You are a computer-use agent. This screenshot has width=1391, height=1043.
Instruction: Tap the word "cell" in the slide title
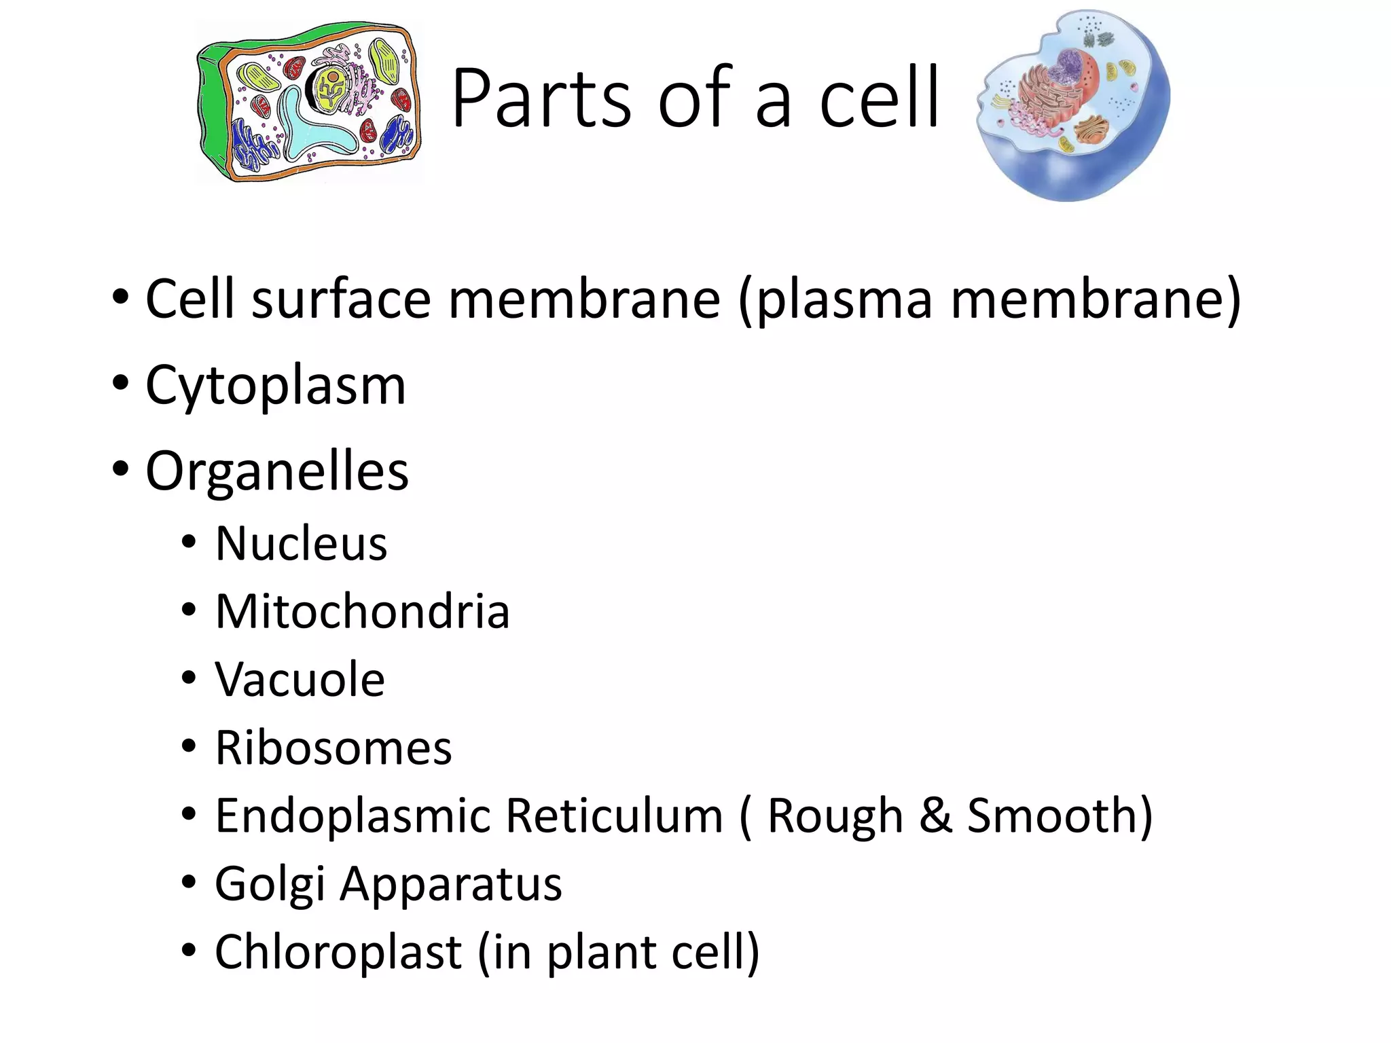pyautogui.click(x=879, y=98)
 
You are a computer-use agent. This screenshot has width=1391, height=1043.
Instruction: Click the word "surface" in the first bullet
pyautogui.click(x=341, y=299)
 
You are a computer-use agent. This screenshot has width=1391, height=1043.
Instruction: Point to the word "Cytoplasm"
pyautogui.click(x=276, y=386)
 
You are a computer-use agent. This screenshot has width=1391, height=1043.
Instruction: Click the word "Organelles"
pyautogui.click(x=277, y=471)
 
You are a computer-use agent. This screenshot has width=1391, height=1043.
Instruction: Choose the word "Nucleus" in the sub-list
pyautogui.click(x=301, y=544)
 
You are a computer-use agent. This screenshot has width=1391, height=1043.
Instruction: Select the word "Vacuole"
pyautogui.click(x=300, y=680)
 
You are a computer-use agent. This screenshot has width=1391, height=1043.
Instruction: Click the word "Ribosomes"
pyautogui.click(x=333, y=748)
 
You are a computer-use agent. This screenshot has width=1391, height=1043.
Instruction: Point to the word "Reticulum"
pyautogui.click(x=614, y=816)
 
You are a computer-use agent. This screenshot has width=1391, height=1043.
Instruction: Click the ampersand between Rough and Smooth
pyautogui.click(x=935, y=816)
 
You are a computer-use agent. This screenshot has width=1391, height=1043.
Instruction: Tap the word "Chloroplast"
pyautogui.click(x=338, y=952)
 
